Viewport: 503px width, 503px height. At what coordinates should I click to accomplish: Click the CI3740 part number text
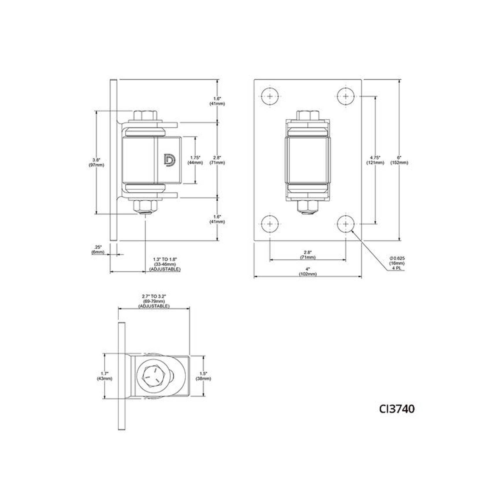tap(397, 409)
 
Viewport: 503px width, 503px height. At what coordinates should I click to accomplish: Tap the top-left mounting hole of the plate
tap(270, 96)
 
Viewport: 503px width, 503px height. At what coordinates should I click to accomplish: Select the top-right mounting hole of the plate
tap(346, 96)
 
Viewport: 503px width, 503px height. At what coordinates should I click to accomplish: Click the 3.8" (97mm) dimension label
tap(96, 162)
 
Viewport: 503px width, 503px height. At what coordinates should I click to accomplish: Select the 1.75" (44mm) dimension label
tap(195, 160)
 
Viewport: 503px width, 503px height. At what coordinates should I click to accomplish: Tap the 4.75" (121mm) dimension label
tap(376, 160)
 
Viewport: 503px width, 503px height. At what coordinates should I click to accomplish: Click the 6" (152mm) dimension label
tap(399, 160)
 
